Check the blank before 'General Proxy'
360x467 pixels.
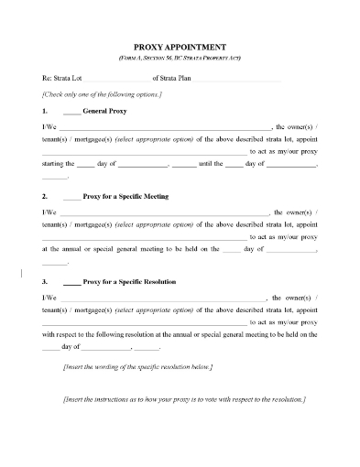coord(72,110)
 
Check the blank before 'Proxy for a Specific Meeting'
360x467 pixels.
coord(72,197)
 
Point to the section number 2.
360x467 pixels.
coord(45,196)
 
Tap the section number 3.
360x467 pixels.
coord(45,282)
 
